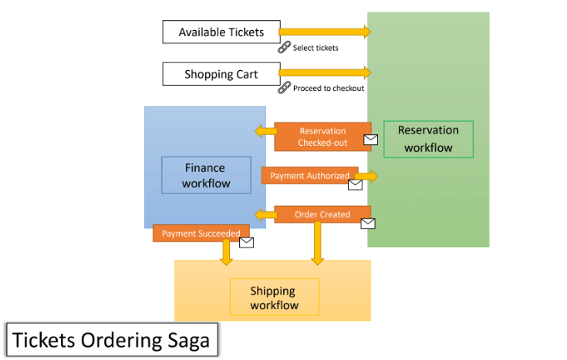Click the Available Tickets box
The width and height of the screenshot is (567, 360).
click(221, 32)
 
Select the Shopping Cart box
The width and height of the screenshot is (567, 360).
click(221, 74)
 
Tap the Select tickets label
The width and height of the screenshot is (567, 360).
click(316, 48)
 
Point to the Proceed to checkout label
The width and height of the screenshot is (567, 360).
click(329, 89)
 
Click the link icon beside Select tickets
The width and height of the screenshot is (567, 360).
click(284, 47)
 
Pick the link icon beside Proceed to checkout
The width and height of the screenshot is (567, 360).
click(284, 87)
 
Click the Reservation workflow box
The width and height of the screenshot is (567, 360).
click(428, 139)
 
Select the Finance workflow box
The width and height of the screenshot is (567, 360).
click(206, 175)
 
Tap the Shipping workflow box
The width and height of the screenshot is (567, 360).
click(274, 297)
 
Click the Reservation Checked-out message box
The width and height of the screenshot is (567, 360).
click(322, 136)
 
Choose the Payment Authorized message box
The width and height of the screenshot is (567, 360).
click(309, 176)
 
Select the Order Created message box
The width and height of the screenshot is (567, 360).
click(322, 214)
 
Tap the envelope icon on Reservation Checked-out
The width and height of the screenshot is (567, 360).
click(371, 140)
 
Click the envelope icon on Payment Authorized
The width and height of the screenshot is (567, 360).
click(355, 185)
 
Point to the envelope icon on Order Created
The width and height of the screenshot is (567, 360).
click(368, 224)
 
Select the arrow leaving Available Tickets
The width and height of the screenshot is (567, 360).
click(323, 32)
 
